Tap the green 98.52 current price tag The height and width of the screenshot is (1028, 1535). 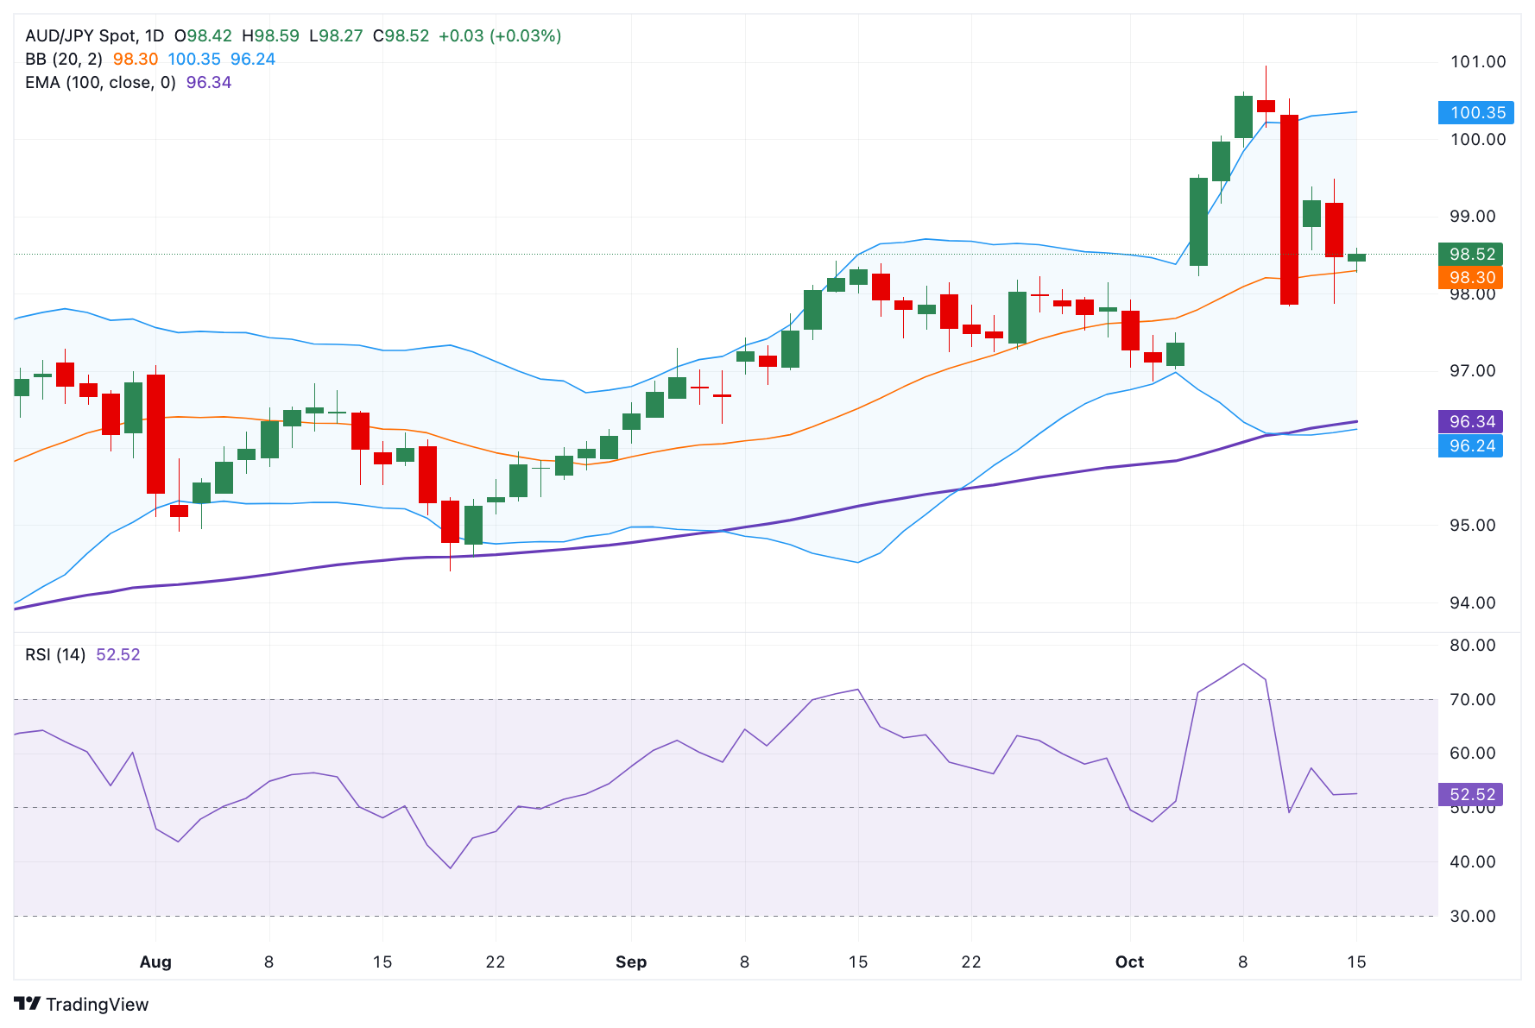pyautogui.click(x=1471, y=254)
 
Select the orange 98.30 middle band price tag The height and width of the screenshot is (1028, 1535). pyautogui.click(x=1471, y=277)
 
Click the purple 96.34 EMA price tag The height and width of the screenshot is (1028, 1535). pyautogui.click(x=1471, y=421)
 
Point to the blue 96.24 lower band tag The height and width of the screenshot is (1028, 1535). pyautogui.click(x=1471, y=445)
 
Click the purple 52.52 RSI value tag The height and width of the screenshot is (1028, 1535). pyautogui.click(x=1471, y=794)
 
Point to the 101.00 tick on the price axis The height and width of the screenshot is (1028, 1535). pyautogui.click(x=1477, y=61)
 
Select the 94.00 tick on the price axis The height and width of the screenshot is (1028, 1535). pyautogui.click(x=1472, y=602)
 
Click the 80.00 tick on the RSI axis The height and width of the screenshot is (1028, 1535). pyautogui.click(x=1472, y=645)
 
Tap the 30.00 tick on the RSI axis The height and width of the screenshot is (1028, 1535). pyautogui.click(x=1472, y=916)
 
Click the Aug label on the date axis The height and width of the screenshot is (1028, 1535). pyautogui.click(x=155, y=962)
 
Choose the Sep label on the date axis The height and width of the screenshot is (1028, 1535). pyautogui.click(x=631, y=962)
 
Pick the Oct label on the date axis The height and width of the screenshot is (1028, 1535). pyautogui.click(x=1129, y=962)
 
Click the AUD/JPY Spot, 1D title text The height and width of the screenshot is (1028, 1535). pyautogui.click(x=94, y=35)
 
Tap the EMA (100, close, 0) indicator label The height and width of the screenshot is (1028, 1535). pyautogui.click(x=100, y=82)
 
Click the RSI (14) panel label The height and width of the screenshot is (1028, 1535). pyautogui.click(x=55, y=654)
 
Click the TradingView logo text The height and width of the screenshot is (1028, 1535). pyautogui.click(x=82, y=1004)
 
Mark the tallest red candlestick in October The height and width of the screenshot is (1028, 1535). pyautogui.click(x=1289, y=209)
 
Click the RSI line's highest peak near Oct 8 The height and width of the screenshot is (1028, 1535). pyautogui.click(x=1243, y=664)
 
